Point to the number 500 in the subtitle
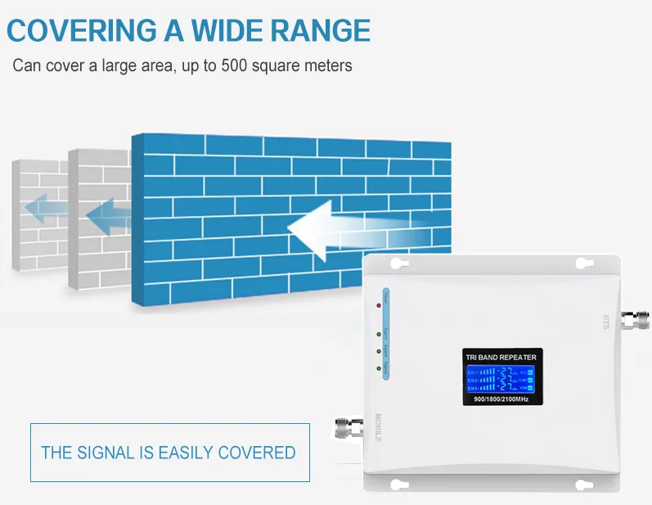pos(236,65)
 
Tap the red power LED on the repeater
pos(378,305)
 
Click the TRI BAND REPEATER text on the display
pos(501,358)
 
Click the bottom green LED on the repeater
pos(378,368)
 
